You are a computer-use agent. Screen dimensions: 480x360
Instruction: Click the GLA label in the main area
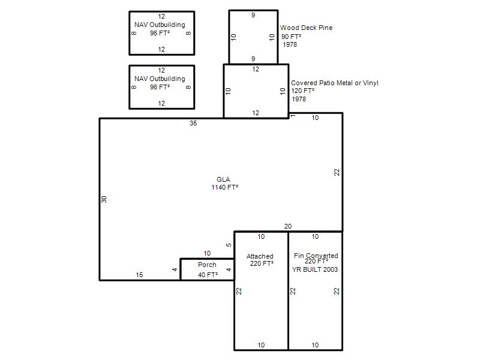tap(223, 179)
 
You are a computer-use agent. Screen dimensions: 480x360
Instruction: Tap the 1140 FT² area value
tap(224, 187)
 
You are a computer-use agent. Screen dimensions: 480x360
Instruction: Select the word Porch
tap(207, 265)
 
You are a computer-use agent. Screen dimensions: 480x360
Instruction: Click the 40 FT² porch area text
tap(208, 275)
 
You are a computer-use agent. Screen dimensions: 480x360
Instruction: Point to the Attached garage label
tap(260, 256)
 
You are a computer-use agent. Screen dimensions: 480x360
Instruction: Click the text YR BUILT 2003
tap(314, 269)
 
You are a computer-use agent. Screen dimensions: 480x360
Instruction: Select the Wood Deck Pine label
tap(306, 28)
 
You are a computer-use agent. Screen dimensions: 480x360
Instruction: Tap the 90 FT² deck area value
tap(291, 37)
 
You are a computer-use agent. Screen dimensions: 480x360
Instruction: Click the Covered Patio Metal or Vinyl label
tap(335, 83)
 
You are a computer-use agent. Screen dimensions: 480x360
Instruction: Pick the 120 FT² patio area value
tap(303, 91)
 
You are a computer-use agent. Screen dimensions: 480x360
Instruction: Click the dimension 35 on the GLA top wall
tap(193, 123)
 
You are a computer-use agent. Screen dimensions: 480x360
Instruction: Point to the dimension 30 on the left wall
tap(104, 199)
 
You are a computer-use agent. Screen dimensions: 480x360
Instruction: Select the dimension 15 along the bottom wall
tap(139, 275)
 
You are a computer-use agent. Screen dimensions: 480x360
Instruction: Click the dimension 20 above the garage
tap(288, 226)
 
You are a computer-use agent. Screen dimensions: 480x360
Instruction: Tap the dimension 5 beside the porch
tap(229, 245)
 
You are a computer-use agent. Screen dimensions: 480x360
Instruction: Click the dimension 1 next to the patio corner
tap(293, 116)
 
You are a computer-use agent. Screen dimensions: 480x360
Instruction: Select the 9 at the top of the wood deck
tap(253, 15)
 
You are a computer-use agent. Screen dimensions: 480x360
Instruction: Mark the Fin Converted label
tap(316, 256)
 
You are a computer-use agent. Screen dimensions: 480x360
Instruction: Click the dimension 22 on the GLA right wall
tap(337, 172)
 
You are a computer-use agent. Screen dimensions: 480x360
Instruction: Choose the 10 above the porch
tap(207, 253)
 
